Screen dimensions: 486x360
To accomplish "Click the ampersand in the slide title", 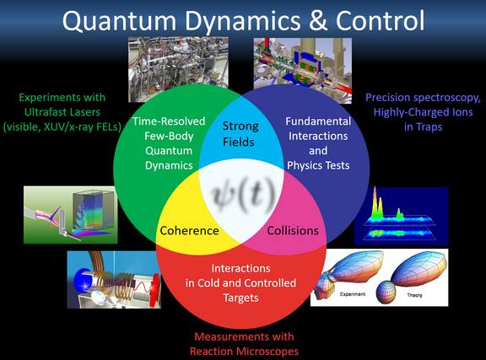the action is pos(318,20).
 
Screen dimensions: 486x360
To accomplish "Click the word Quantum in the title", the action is pos(119,21).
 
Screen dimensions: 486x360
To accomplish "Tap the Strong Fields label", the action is pos(240,134).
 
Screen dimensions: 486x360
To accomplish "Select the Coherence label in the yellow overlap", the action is pos(189,230).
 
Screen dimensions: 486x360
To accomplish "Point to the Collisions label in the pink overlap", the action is pos(293,230).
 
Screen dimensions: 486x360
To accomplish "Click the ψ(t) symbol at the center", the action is pos(243,196).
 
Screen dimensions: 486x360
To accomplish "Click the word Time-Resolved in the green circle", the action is pos(169,121).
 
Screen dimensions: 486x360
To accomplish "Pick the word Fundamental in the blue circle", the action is pos(318,121).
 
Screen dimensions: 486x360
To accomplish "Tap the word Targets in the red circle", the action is pos(240,298).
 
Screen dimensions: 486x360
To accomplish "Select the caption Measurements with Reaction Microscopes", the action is pos(244,344).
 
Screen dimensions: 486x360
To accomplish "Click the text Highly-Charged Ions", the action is pos(423,112).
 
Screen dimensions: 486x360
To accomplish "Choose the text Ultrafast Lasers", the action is pos(62,112).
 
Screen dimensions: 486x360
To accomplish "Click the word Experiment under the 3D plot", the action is pos(353,294).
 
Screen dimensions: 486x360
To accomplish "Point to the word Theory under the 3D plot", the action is pos(415,295).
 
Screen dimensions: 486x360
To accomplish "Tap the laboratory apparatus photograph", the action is pos(178,69).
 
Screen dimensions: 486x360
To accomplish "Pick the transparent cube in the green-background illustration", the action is pos(93,212).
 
